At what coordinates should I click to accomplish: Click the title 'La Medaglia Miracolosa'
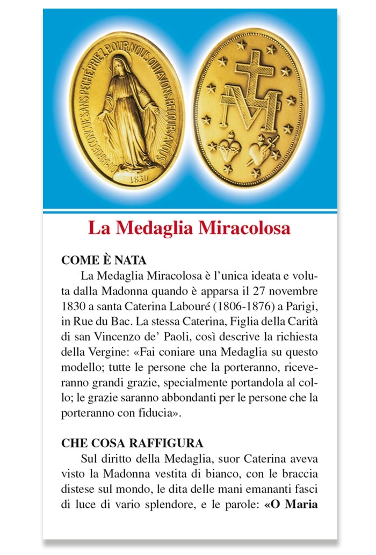[x=189, y=228]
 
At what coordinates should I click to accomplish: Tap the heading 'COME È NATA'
[x=104, y=260]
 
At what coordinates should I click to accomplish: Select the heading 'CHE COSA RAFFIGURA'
[x=132, y=443]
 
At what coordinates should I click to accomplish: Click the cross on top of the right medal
[x=254, y=75]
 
